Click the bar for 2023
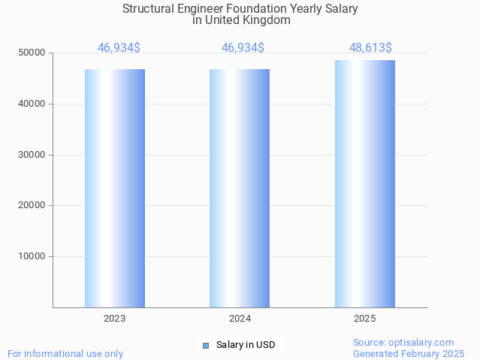pos(115,188)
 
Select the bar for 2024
pos(240,188)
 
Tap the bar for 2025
pos(365,183)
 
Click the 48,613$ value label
pos(370,48)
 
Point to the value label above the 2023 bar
pos(119,48)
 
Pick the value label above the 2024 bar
pos(243,48)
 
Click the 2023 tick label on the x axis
pos(115,319)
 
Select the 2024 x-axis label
pos(240,319)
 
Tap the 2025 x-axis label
pos(365,319)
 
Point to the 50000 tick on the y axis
pos(32,53)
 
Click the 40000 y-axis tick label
pos(32,104)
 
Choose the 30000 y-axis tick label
pos(32,155)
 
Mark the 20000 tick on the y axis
pos(32,205)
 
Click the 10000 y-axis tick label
pos(32,256)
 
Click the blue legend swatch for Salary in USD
pos(206,346)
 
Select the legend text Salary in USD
pos(246,346)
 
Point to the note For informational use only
pos(65,353)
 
